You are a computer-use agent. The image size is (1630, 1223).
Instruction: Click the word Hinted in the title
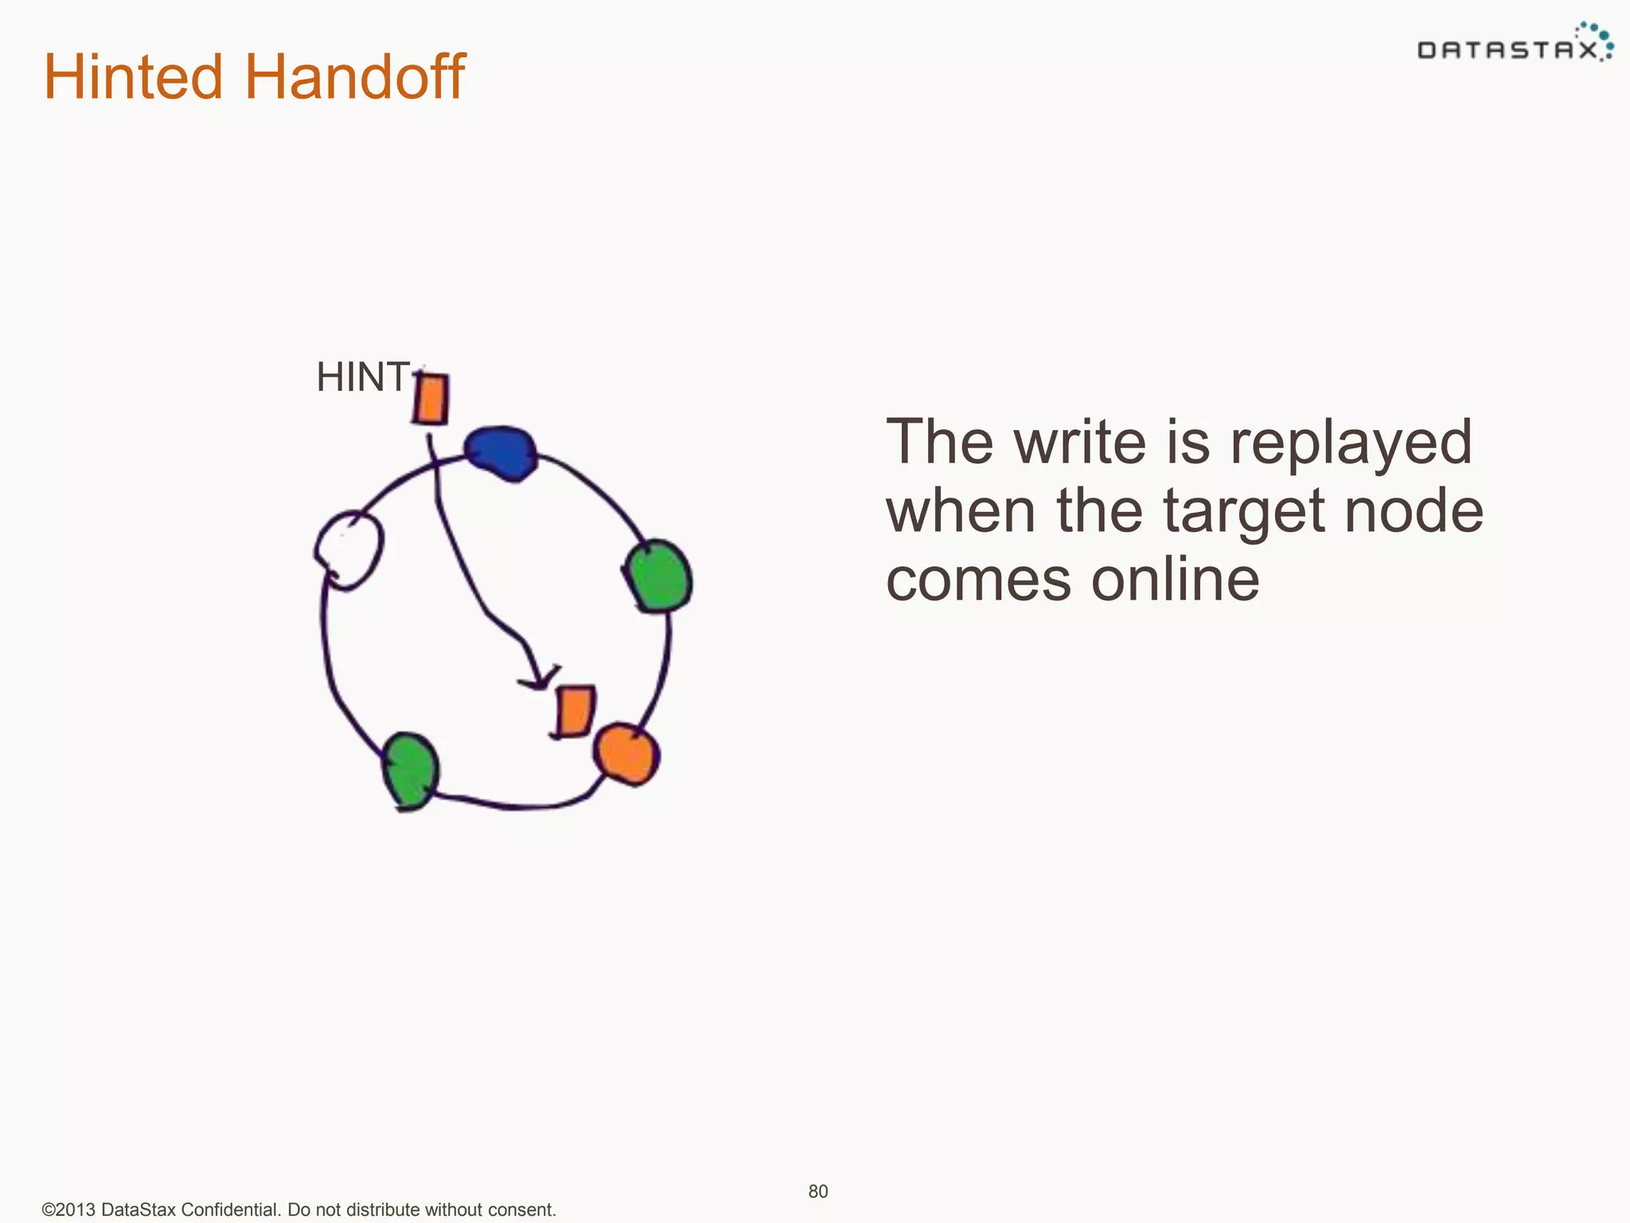[133, 77]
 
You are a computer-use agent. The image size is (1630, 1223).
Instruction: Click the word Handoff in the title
[354, 77]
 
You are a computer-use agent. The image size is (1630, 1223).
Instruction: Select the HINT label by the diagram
[363, 377]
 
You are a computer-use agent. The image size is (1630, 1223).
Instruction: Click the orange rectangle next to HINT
[431, 398]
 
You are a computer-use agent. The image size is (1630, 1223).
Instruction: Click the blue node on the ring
[501, 453]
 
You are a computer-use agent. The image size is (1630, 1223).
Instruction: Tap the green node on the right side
[657, 576]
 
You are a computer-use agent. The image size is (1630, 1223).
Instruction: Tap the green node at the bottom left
[410, 769]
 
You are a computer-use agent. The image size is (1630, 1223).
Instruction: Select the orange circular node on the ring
[626, 752]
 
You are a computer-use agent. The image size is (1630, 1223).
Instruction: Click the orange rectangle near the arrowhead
[574, 711]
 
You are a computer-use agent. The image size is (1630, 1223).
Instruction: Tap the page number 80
[818, 1191]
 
